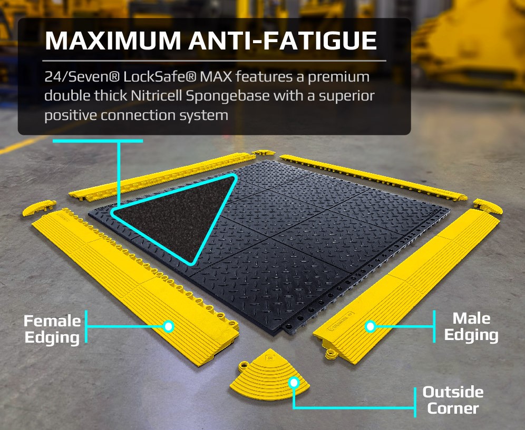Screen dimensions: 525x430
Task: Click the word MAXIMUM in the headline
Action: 113,41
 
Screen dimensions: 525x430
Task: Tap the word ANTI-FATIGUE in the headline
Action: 283,41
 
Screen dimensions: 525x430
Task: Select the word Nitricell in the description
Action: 157,96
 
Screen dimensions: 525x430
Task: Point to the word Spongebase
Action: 228,96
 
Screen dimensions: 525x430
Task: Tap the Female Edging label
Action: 52,329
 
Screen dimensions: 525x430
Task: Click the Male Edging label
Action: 471,326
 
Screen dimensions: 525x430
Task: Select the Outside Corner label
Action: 453,400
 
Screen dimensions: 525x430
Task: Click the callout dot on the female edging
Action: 169,326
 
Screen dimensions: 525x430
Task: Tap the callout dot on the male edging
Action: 371,326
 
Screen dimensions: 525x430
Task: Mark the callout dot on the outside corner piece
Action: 294,382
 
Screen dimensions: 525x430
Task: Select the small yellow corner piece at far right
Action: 488,206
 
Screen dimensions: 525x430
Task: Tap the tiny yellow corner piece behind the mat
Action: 264,153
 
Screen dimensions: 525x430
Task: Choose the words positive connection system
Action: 137,116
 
